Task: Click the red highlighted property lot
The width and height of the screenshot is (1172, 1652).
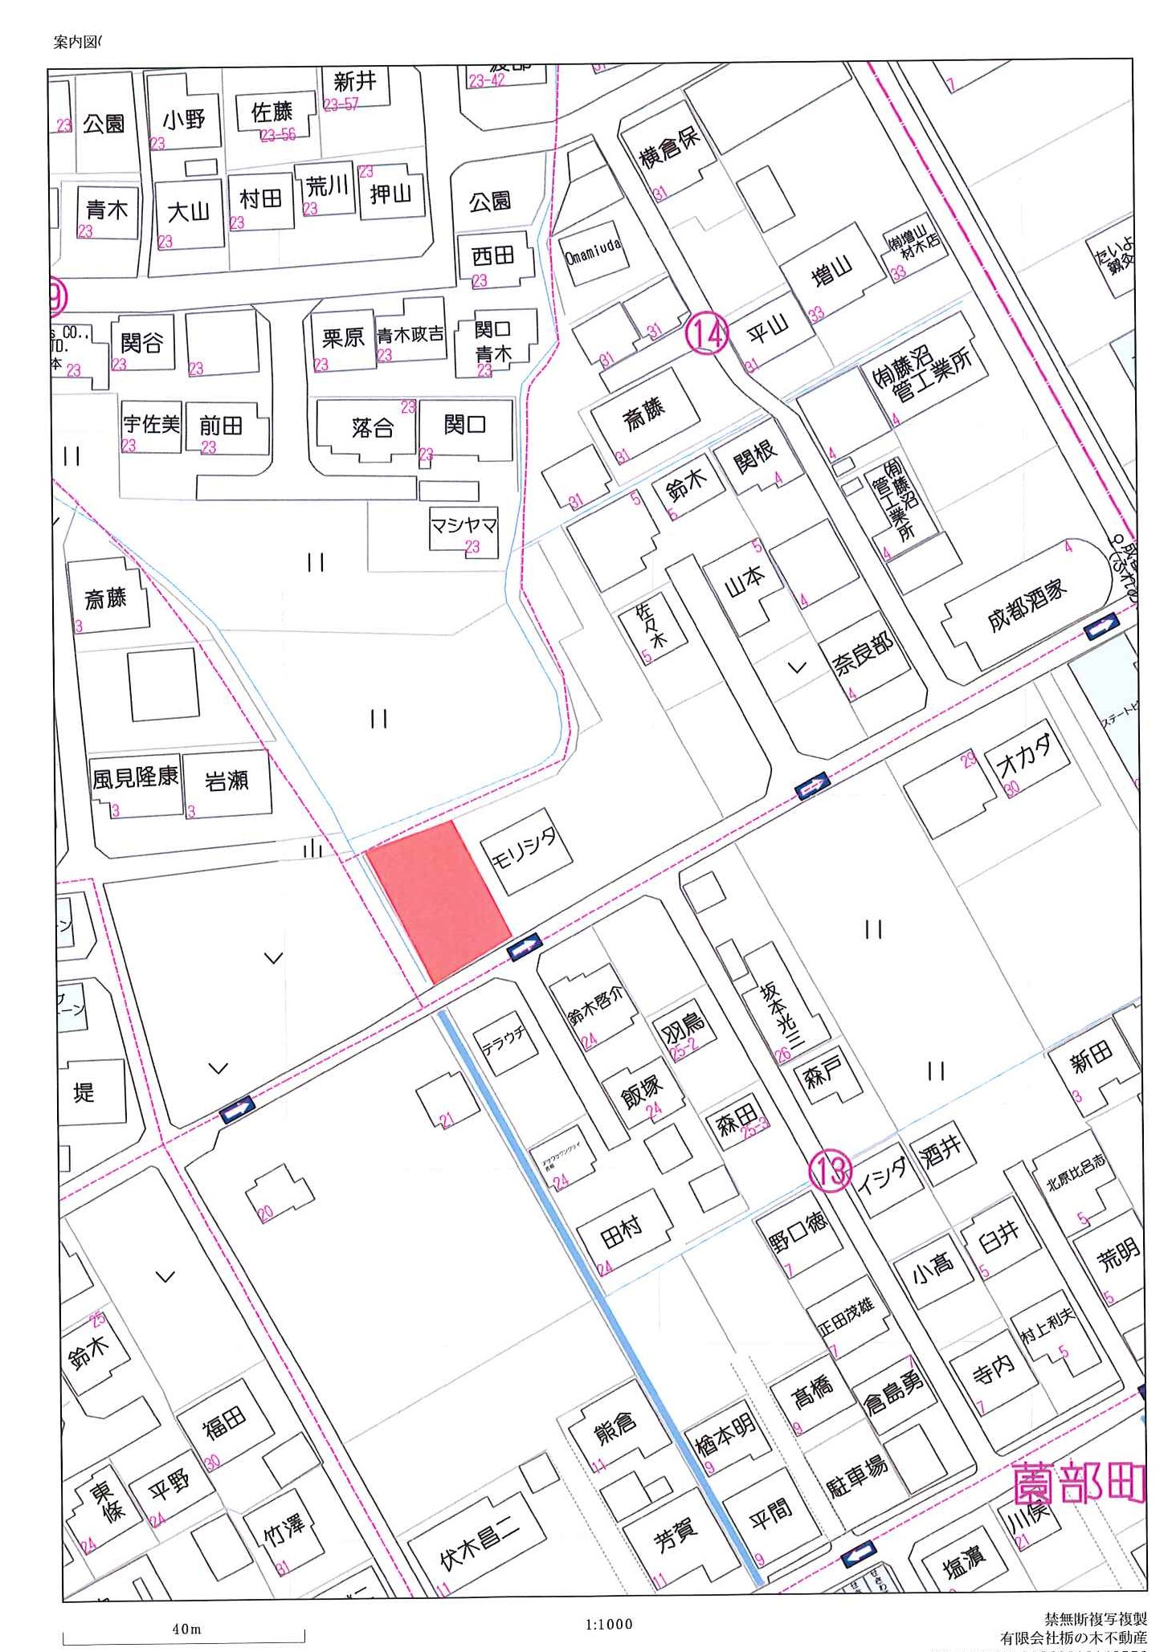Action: pos(438,899)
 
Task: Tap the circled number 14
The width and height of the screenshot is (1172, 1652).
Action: pos(707,334)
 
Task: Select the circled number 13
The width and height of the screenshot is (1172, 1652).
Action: pos(829,1170)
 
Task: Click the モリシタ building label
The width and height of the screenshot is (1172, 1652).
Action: pos(525,850)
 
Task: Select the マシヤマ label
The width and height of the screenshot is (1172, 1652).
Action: pos(463,526)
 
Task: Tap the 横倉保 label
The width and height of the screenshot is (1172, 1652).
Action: pos(669,147)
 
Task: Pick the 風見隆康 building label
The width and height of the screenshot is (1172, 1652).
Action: pos(135,777)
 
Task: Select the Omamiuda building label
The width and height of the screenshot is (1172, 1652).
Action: pos(593,251)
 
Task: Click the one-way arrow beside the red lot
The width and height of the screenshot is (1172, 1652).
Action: pos(524,946)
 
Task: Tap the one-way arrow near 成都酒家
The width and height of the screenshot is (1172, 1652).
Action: pos(1101,626)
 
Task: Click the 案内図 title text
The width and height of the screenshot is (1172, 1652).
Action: pos(76,43)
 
